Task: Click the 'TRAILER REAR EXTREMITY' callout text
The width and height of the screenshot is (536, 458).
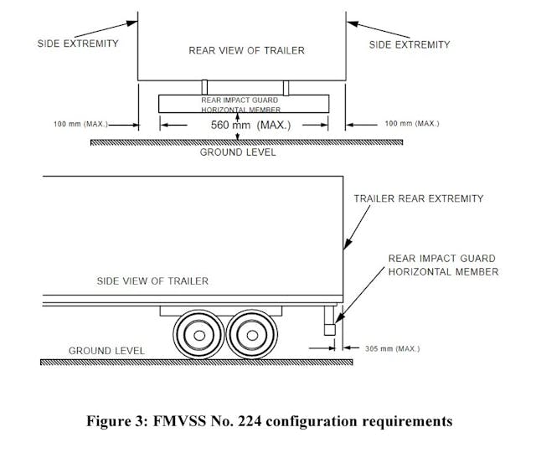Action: pos(418,198)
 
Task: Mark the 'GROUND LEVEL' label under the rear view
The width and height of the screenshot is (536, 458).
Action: pos(237,152)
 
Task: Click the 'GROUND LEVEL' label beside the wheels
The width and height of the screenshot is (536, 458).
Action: pos(106,350)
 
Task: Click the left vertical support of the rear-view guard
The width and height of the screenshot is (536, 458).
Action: pos(204,87)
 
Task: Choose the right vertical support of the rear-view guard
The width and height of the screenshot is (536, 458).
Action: pos(286,87)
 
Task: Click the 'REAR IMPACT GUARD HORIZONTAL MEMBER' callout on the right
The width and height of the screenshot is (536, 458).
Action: pos(442,265)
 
